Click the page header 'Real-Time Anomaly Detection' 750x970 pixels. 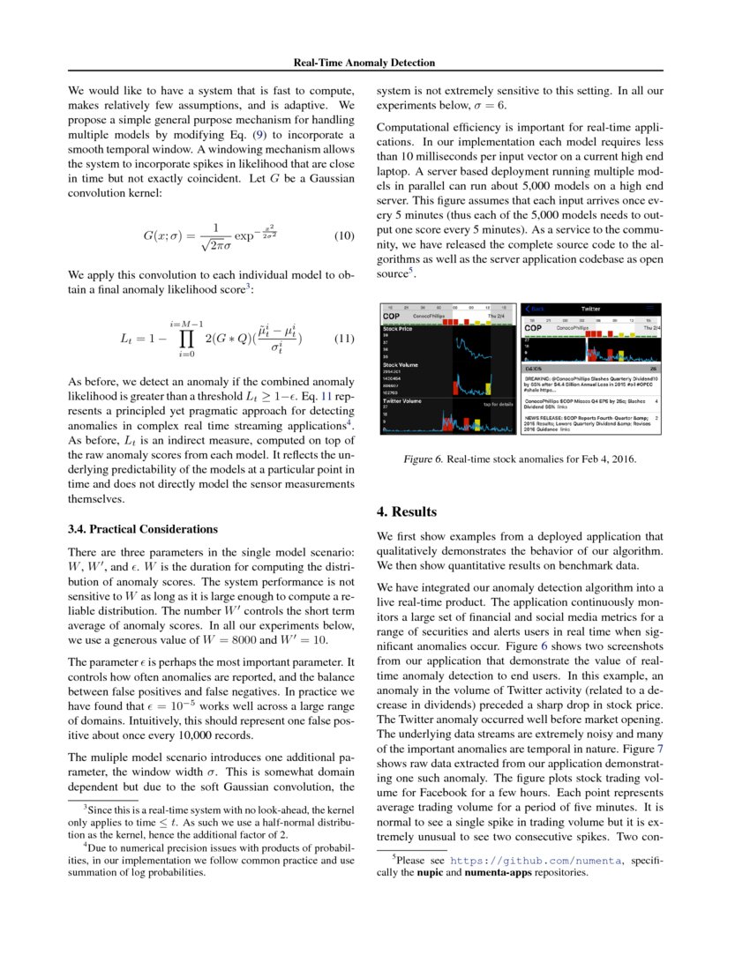[x=364, y=63]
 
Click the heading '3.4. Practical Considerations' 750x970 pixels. [x=142, y=529]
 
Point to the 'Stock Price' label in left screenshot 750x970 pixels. [x=398, y=328]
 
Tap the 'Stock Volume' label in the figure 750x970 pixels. [x=401, y=363]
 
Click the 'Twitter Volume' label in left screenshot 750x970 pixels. [x=401, y=400]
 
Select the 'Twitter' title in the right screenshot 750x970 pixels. [x=590, y=309]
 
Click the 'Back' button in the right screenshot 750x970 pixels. [x=535, y=309]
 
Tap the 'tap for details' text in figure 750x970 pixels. [x=498, y=404]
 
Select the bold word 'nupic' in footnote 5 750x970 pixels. [x=430, y=872]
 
